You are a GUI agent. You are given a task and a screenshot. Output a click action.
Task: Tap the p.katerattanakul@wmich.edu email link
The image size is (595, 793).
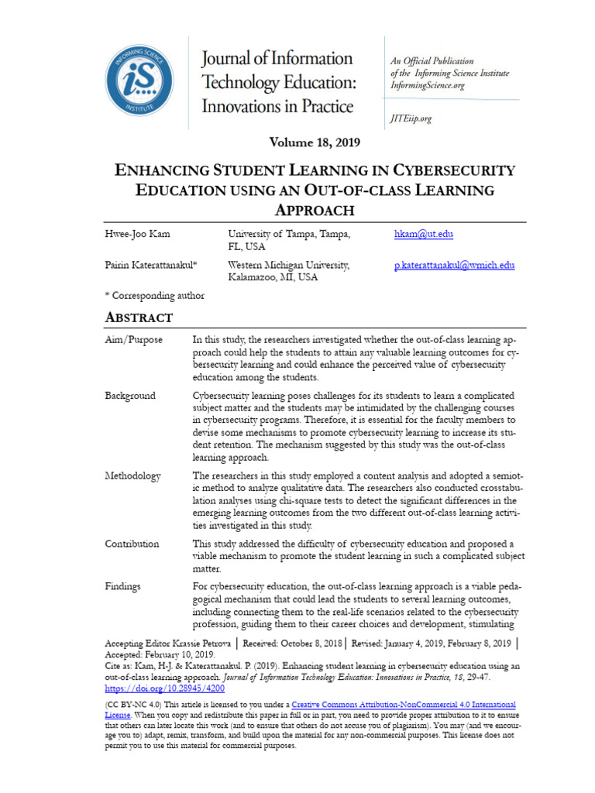455,266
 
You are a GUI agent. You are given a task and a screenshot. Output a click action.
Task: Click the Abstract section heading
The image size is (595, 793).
139,318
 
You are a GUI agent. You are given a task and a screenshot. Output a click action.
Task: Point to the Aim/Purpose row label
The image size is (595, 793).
134,340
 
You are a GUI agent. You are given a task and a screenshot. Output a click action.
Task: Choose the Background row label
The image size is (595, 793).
130,396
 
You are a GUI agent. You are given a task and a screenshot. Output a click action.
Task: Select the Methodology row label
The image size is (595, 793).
133,475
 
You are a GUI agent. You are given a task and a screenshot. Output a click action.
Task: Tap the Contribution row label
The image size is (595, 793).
132,544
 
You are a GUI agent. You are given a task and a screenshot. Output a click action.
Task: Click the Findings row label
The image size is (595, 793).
122,586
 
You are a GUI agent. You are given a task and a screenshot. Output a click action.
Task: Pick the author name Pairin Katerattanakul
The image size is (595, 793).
151,266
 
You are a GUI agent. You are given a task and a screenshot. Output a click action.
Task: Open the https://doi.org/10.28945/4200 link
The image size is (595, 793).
153,687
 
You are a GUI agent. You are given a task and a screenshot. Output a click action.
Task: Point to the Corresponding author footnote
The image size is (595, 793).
155,295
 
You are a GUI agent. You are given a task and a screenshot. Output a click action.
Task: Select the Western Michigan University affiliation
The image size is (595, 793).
289,266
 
